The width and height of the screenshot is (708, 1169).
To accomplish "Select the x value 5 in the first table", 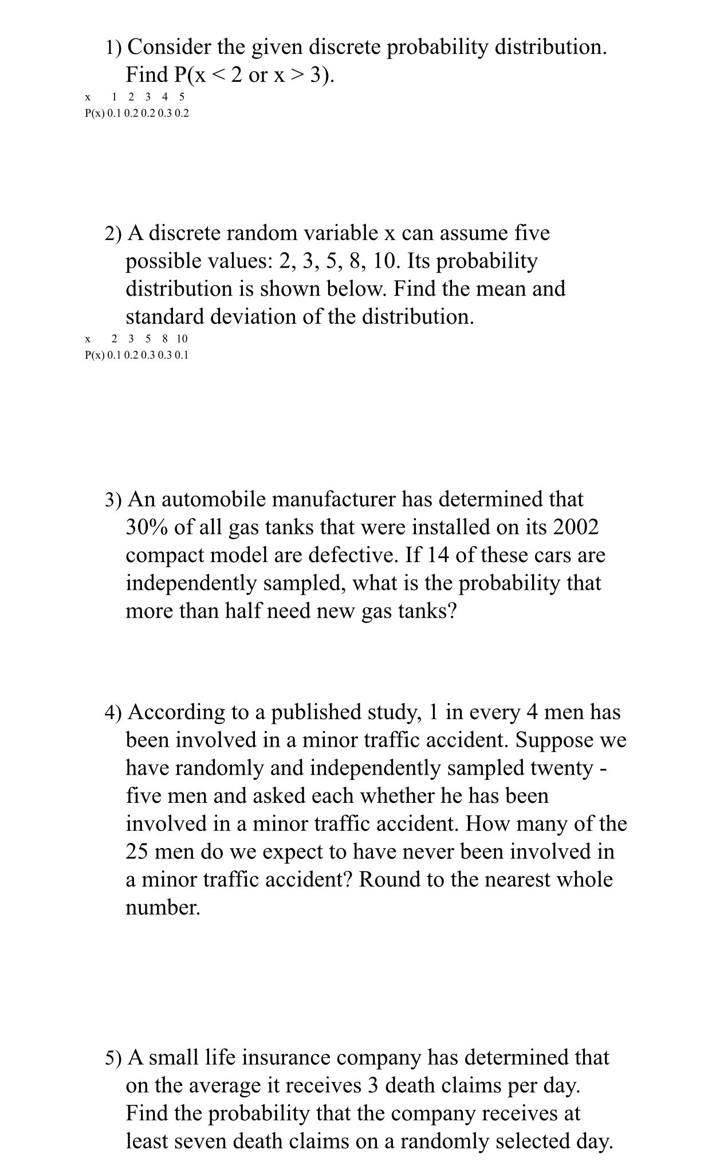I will [x=182, y=97].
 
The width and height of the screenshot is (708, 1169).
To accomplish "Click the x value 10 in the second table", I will [x=182, y=339].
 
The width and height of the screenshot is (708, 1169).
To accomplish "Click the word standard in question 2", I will [x=165, y=316].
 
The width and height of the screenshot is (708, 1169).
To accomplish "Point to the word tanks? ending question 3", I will [x=427, y=611].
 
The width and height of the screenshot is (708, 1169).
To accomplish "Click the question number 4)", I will [x=113, y=713].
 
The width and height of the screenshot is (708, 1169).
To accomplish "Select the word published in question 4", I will [x=314, y=712].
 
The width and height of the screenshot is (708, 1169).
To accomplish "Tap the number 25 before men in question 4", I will [x=137, y=852].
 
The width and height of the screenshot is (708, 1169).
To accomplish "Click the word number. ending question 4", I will [x=163, y=908].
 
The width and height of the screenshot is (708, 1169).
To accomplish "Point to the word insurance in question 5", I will [x=290, y=1057].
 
